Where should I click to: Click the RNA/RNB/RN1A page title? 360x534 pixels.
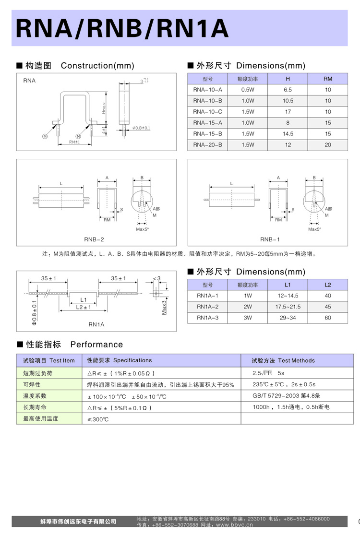122,29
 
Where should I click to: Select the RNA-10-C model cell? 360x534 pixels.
207,111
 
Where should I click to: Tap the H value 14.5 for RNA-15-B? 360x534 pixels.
288,134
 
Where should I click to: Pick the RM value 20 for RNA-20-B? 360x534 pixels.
328,144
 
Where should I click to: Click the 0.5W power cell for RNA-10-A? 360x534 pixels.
248,90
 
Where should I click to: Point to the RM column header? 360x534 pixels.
328,79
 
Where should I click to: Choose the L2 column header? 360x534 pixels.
328,285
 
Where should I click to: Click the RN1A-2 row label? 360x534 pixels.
207,307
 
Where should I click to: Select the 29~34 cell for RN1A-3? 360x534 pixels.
288,318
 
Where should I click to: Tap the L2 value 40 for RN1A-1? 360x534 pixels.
328,296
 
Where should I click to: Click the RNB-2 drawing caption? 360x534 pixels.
94,239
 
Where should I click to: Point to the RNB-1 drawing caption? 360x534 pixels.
270,239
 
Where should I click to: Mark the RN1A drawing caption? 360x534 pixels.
96,324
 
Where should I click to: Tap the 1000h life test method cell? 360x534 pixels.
291,407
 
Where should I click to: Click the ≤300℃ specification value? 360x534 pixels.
98,419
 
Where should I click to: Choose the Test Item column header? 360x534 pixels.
48,360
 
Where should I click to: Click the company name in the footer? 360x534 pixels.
78,521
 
